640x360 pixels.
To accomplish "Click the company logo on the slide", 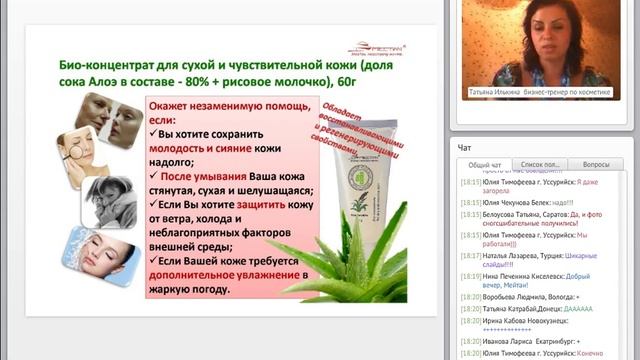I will (374, 46).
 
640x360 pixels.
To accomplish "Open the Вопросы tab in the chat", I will (596, 164).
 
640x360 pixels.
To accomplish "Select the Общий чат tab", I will (486, 164).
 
